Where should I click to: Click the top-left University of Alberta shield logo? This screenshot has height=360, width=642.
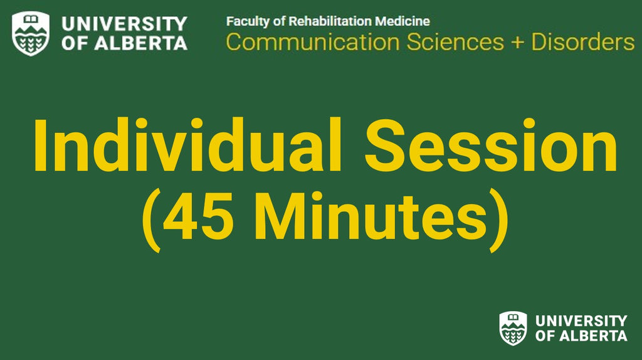31,34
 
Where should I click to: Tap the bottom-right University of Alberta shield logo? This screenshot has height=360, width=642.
513,329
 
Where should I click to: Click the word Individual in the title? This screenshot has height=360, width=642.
187,145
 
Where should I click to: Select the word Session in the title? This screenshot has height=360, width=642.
490,145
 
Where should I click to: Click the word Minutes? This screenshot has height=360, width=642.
372,218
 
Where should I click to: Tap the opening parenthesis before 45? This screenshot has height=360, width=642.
150,220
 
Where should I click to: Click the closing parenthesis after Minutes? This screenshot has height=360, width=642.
499,220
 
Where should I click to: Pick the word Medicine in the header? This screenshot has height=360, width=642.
403,21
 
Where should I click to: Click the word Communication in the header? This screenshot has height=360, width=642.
313,42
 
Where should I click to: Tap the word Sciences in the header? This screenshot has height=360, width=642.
455,42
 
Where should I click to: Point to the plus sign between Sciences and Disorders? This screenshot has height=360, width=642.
517,43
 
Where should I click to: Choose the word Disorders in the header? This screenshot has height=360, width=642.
583,42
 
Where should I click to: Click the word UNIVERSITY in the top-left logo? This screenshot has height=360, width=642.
125,24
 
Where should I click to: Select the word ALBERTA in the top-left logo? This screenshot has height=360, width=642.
141,43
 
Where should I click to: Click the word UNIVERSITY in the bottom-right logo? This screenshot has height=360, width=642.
581,320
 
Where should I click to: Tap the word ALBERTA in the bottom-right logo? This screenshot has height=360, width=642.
593,336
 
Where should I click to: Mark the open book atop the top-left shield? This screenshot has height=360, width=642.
31,19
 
